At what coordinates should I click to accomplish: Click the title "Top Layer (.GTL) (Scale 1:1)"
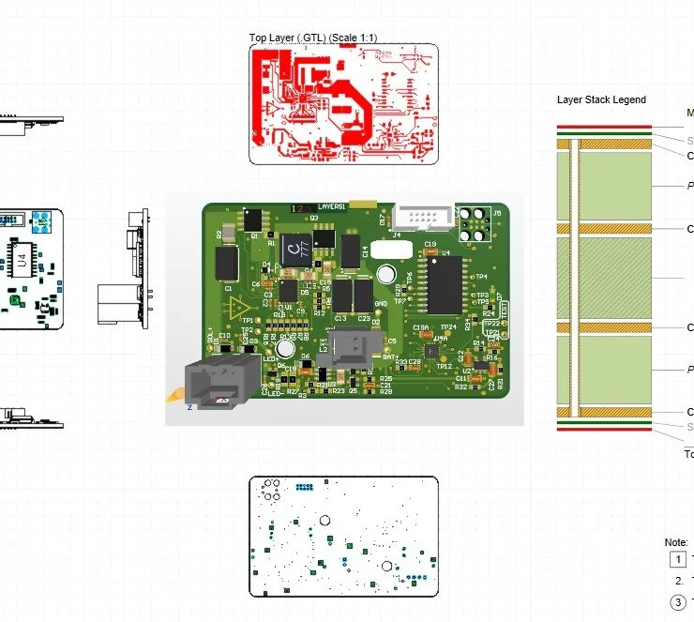[313, 38]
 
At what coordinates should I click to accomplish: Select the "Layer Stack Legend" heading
[601, 99]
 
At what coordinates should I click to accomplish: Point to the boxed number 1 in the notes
[676, 560]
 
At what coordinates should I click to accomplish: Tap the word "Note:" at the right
[676, 542]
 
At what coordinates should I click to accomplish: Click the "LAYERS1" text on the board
[333, 205]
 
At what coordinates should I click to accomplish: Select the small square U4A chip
[430, 350]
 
